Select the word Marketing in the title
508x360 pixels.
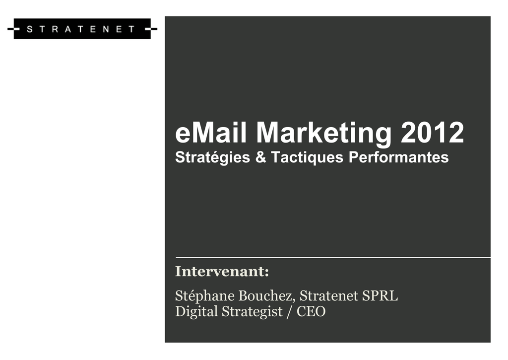pos(324,134)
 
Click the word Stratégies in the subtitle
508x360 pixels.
pos(212,158)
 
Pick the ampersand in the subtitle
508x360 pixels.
pos(260,157)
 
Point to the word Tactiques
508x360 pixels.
pos(307,158)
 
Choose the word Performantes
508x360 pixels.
pos(398,157)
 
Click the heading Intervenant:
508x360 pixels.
pos(222,272)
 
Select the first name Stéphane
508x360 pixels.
pos(205,296)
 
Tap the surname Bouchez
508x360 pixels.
pos(267,296)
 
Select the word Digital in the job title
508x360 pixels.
pos(196,312)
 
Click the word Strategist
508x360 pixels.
pos(252,312)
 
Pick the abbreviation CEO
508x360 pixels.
pos(311,311)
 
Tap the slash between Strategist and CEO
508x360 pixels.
pos(290,312)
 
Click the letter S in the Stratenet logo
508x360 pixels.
pos(29,29)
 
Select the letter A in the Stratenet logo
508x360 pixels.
pos(67,29)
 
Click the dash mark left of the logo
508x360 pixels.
pos(13,29)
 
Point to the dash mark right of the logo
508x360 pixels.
pos(151,29)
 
